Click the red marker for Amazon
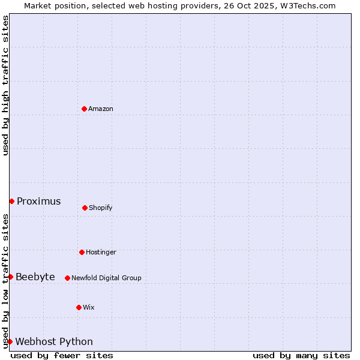click(x=84, y=109)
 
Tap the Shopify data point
click(x=85, y=208)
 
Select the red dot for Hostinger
click(x=82, y=252)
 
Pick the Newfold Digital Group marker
click(x=67, y=278)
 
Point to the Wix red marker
click(x=79, y=307)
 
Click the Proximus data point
click(x=11, y=201)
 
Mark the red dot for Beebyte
click(x=10, y=277)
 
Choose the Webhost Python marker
click(x=10, y=341)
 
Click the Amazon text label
click(x=101, y=109)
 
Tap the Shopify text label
click(x=101, y=208)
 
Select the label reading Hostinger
click(x=101, y=253)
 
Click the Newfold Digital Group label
click(x=106, y=278)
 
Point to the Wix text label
click(x=89, y=308)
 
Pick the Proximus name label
click(x=39, y=202)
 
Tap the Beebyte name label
click(x=35, y=277)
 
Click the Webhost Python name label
click(x=54, y=342)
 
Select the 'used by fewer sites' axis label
click(x=62, y=355)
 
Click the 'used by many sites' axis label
click(x=301, y=355)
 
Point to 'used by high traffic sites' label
click(x=5, y=86)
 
